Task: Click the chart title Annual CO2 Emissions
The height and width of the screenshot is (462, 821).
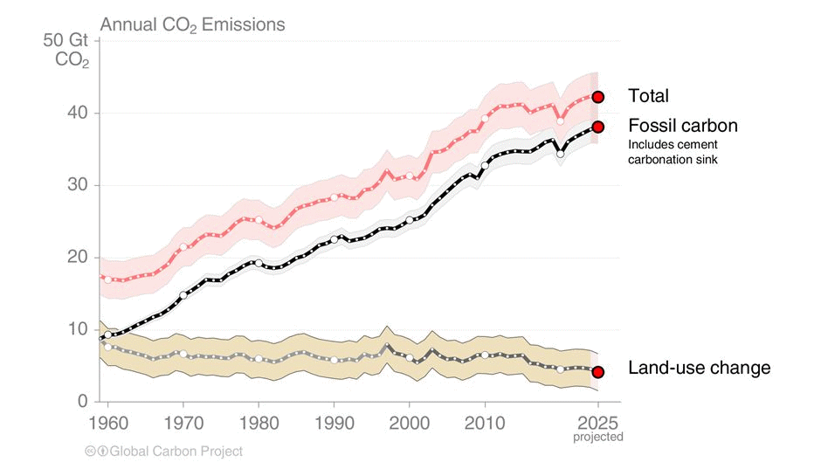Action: coord(192,24)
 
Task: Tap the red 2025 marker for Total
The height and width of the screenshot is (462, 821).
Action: coord(598,97)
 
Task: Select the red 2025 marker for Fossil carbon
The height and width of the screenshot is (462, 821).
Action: coord(598,127)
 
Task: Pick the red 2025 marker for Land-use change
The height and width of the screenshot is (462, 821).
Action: coord(598,371)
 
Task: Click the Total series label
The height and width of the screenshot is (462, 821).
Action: coord(648,96)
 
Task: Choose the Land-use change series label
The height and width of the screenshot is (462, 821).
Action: coord(700,368)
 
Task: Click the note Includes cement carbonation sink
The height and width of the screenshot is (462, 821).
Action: coord(673,152)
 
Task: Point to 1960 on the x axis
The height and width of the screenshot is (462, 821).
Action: coord(107,420)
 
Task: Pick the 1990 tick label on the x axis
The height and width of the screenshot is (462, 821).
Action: coord(334,420)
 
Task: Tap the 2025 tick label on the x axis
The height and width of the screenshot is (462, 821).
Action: coord(598,420)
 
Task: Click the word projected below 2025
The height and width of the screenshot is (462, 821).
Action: coord(598,436)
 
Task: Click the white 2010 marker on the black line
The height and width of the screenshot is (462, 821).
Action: coord(485,165)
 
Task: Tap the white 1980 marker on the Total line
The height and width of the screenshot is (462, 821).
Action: coord(259,220)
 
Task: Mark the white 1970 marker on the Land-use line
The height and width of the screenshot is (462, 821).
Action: coord(183,354)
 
